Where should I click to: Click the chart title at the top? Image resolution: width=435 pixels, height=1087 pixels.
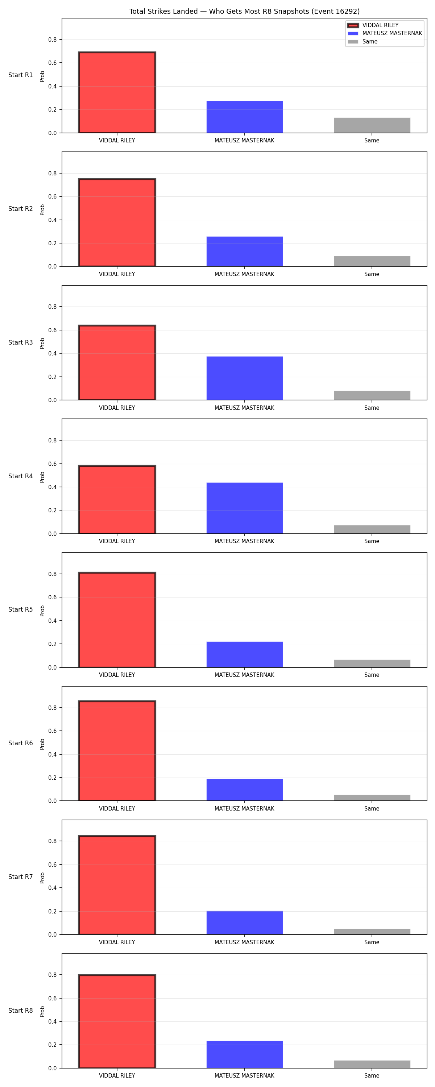pos(244,11)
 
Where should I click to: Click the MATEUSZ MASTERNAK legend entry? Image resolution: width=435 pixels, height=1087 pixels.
pos(385,33)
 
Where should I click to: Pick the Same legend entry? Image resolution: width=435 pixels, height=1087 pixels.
pos(363,42)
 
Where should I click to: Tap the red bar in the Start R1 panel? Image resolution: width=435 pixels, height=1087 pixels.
pos(117,92)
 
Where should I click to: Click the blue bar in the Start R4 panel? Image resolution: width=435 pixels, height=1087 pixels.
pos(245,508)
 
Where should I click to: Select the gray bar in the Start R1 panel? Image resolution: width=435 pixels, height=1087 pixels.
pos(372,125)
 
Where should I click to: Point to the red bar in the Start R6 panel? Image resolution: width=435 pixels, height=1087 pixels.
pos(117,751)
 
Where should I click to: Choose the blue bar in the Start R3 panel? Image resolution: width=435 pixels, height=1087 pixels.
pos(245,378)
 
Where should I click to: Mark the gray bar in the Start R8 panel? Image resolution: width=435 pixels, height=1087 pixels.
pos(372,1064)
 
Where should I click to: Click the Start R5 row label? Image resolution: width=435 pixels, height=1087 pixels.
pos(21,609)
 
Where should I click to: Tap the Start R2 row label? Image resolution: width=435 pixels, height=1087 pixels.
pos(21,208)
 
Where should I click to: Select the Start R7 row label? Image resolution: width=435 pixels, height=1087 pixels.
pos(21,876)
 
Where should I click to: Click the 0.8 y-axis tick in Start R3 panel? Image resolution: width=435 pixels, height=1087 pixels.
pos(52,307)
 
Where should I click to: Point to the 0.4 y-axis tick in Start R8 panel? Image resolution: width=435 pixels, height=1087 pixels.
pos(52,1021)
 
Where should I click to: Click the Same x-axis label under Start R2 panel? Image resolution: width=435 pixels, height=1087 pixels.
pos(372,274)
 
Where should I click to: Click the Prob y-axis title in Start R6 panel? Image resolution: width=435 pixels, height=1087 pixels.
pos(42,744)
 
